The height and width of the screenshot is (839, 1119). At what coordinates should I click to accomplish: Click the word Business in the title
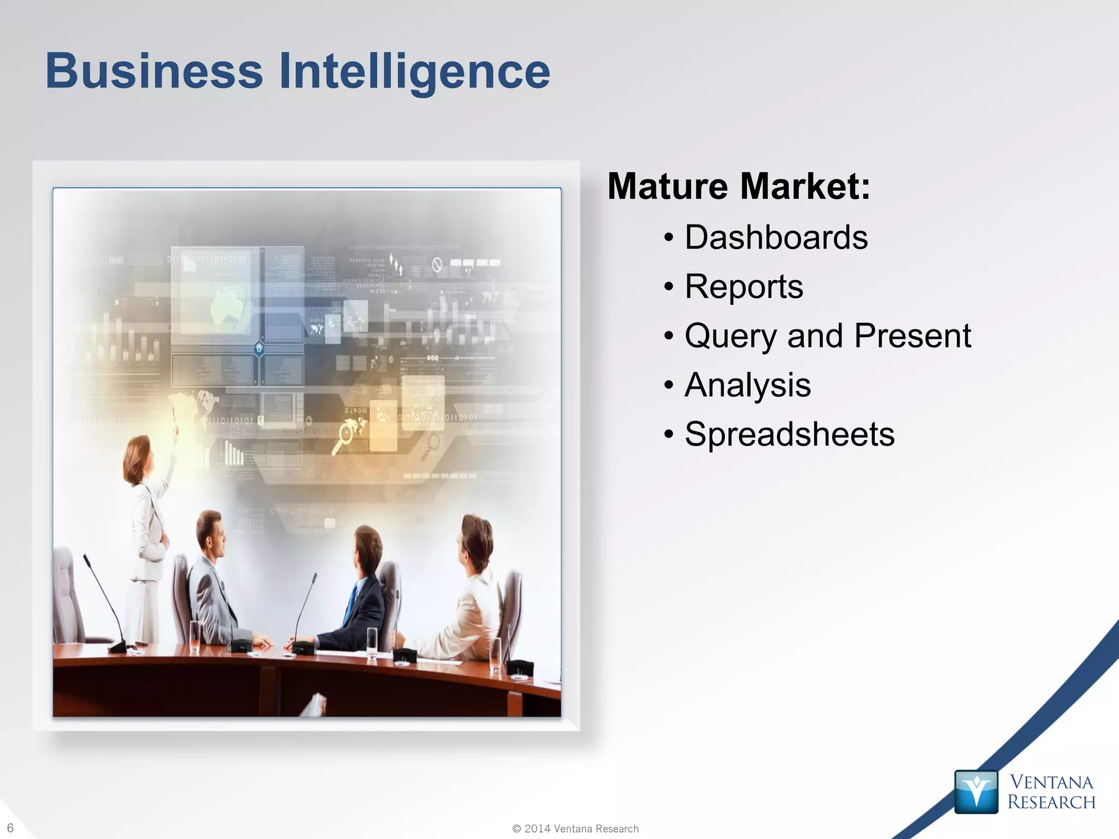[x=154, y=71]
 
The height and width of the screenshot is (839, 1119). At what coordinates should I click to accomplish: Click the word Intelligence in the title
[x=414, y=72]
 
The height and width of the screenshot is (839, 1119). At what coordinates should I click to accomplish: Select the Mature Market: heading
[x=739, y=186]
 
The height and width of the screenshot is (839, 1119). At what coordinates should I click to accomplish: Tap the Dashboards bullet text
[x=776, y=238]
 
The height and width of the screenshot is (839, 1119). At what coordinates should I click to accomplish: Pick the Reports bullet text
[x=744, y=287]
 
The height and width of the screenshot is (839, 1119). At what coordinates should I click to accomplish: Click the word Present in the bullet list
[x=912, y=335]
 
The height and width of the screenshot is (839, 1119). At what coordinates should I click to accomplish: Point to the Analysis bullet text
[x=747, y=386]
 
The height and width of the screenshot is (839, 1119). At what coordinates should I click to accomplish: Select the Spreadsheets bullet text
[x=790, y=435]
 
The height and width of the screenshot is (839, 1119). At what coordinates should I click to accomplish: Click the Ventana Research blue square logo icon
[x=976, y=791]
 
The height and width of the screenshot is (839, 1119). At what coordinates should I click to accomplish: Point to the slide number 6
[x=10, y=828]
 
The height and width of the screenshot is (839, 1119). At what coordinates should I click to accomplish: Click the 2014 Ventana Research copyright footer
[x=575, y=829]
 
